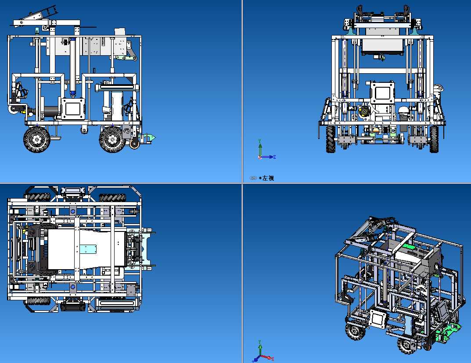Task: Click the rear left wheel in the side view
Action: [x=37, y=139]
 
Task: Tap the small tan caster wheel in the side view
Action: [x=134, y=144]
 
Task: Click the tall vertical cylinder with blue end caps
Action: [x=73, y=66]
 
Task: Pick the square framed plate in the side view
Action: [x=73, y=109]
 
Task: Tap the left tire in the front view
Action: [x=331, y=139]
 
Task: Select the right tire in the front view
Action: [x=434, y=139]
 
